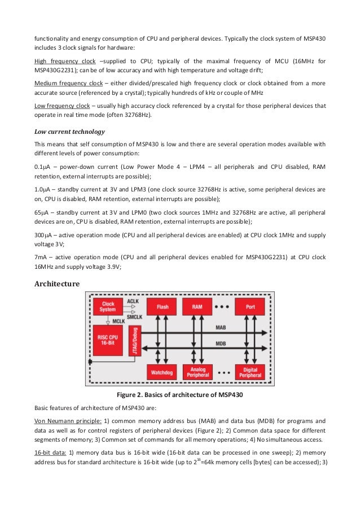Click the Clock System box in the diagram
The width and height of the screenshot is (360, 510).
(108, 307)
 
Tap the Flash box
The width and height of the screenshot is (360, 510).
(163, 307)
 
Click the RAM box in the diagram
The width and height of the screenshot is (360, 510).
(197, 307)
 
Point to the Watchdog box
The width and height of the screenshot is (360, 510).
(163, 373)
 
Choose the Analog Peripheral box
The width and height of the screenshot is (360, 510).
(197, 373)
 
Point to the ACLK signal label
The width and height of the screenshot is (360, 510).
(133, 302)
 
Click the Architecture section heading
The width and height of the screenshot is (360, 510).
(57, 284)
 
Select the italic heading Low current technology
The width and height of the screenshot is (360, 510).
(69, 132)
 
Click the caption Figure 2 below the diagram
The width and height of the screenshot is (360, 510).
(179, 394)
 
